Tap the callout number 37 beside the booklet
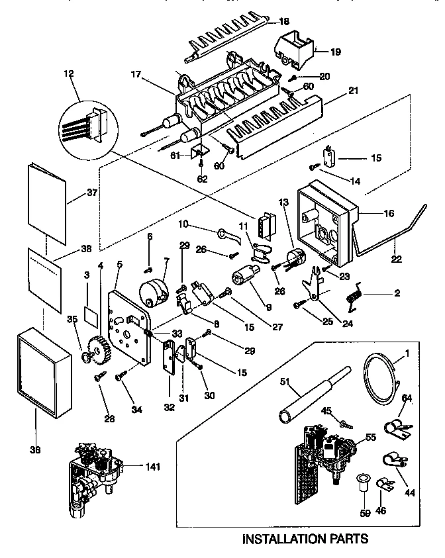[x=92, y=193]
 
